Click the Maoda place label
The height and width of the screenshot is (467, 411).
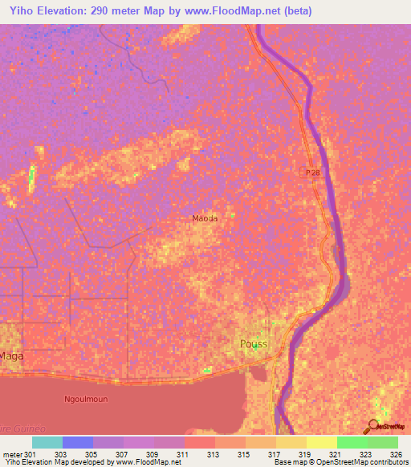(205, 218)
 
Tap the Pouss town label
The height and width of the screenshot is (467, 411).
(253, 344)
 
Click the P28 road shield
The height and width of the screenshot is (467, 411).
(313, 173)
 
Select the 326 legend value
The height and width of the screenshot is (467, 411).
(396, 454)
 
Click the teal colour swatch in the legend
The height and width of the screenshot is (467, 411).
(47, 442)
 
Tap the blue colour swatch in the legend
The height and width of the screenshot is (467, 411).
(78, 442)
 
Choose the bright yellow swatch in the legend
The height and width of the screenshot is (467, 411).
(321, 442)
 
